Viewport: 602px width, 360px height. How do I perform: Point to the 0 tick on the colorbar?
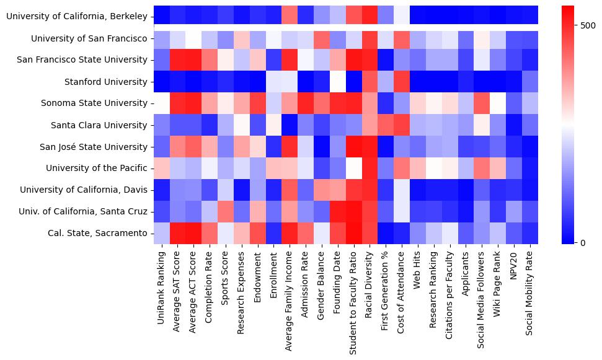pos(582,242)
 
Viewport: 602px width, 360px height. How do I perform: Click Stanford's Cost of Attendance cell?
pos(402,82)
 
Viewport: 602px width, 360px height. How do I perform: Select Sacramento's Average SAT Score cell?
pos(178,233)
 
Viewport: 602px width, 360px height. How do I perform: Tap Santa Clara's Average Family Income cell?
pos(290,125)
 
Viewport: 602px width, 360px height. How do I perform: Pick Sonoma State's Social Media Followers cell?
pos(482,103)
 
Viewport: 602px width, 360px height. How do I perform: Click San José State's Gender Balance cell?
pos(322,147)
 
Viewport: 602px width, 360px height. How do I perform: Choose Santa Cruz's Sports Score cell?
pos(226,211)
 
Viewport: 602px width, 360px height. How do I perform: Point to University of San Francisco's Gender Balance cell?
pos(322,39)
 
